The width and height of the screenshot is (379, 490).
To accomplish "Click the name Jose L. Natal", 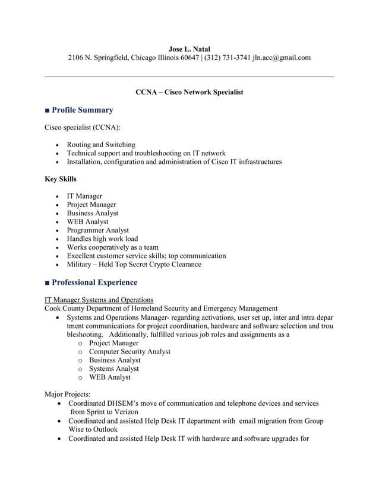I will point(190,48).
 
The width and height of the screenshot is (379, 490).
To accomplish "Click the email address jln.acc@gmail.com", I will point(281,58).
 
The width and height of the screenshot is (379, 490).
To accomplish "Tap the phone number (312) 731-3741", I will point(226,58).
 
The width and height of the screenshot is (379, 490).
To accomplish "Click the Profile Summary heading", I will point(83,110).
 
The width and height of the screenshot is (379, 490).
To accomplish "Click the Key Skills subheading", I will point(61,179).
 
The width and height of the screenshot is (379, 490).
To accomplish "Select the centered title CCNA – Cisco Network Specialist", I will point(190,93).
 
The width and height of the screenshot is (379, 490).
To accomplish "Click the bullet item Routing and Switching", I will point(101,144).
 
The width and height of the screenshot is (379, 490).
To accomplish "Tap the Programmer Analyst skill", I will point(97,230).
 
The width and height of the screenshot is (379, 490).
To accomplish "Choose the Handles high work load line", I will point(102,238).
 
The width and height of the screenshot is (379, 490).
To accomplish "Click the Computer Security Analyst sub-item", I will point(130,351).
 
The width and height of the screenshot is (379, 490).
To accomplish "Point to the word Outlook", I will point(104,429).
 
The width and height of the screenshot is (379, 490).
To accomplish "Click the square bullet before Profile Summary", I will point(48,110).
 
